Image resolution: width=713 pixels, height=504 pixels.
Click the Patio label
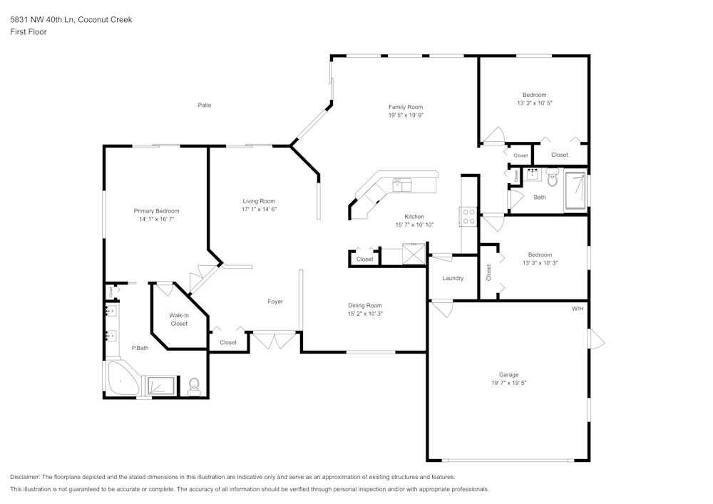[x=204, y=105]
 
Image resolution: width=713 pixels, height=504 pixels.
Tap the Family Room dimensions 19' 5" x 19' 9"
[x=406, y=115]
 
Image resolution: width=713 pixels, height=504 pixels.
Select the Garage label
[x=508, y=374]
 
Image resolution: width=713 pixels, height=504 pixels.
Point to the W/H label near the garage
[x=577, y=309]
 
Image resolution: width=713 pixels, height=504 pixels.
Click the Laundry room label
[x=453, y=278]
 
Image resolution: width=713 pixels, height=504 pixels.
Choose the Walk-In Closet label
[x=178, y=319]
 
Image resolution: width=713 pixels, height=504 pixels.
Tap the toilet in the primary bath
[x=193, y=387]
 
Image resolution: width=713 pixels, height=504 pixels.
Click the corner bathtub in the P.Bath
[x=122, y=380]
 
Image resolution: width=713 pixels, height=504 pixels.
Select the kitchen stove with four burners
[x=468, y=216]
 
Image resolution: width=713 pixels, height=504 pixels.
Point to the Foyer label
[x=275, y=302]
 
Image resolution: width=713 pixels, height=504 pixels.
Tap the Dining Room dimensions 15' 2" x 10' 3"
[x=365, y=314]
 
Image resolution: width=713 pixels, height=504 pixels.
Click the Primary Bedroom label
[x=156, y=211]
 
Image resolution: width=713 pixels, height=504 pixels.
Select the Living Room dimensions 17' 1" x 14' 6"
[x=259, y=210]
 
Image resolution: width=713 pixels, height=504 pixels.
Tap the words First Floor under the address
[x=29, y=32]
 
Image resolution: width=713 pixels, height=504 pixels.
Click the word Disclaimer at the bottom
[x=25, y=477]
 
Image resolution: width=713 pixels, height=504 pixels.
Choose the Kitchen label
[x=414, y=217]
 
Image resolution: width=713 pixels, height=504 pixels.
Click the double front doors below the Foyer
[x=275, y=341]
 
